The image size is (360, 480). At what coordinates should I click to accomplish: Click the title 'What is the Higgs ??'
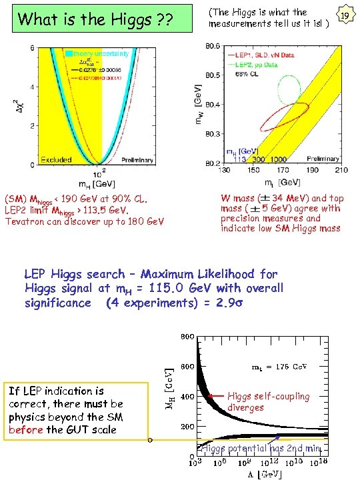(95, 20)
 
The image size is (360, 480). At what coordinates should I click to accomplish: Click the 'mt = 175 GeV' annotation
(279, 367)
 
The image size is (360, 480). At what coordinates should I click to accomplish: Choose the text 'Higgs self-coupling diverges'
(268, 401)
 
